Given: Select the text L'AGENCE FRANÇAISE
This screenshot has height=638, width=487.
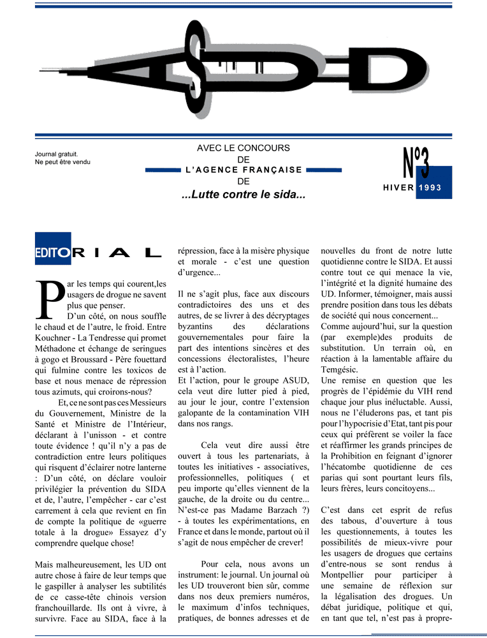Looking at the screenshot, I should (x=243, y=170).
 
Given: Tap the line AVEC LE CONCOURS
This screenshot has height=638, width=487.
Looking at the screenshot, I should (x=243, y=148).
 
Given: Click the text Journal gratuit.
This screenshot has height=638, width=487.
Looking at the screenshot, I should (x=57, y=154).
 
